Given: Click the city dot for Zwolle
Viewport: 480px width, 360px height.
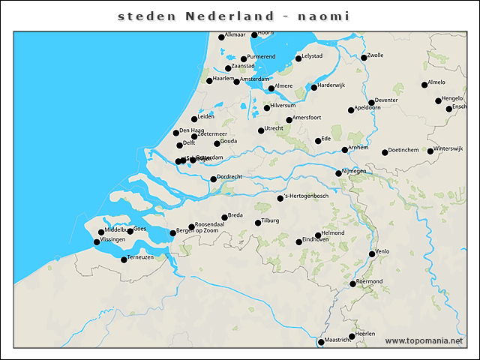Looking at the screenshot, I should [x=364, y=58].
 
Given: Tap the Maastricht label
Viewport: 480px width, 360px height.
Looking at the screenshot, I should [x=338, y=340].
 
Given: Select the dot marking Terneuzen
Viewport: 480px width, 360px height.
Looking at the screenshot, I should [x=124, y=259].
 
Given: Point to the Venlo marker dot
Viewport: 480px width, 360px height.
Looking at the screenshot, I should [x=372, y=254].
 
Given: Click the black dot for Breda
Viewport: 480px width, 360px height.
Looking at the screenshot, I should [x=224, y=217].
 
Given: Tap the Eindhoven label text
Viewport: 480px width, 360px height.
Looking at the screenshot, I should [x=316, y=240].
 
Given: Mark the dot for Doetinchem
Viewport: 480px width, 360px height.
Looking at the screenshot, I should [x=385, y=152].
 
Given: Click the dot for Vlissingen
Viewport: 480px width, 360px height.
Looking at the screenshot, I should [x=96, y=241].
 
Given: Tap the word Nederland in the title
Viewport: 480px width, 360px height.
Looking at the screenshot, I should [x=226, y=16].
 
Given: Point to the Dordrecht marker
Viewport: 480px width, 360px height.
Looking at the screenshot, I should [x=213, y=178].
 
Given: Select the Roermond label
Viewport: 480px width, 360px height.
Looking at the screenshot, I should [x=369, y=281].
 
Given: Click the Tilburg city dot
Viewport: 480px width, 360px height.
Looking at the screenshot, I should [x=257, y=223].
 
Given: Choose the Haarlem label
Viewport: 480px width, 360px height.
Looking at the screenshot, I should [x=224, y=78].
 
